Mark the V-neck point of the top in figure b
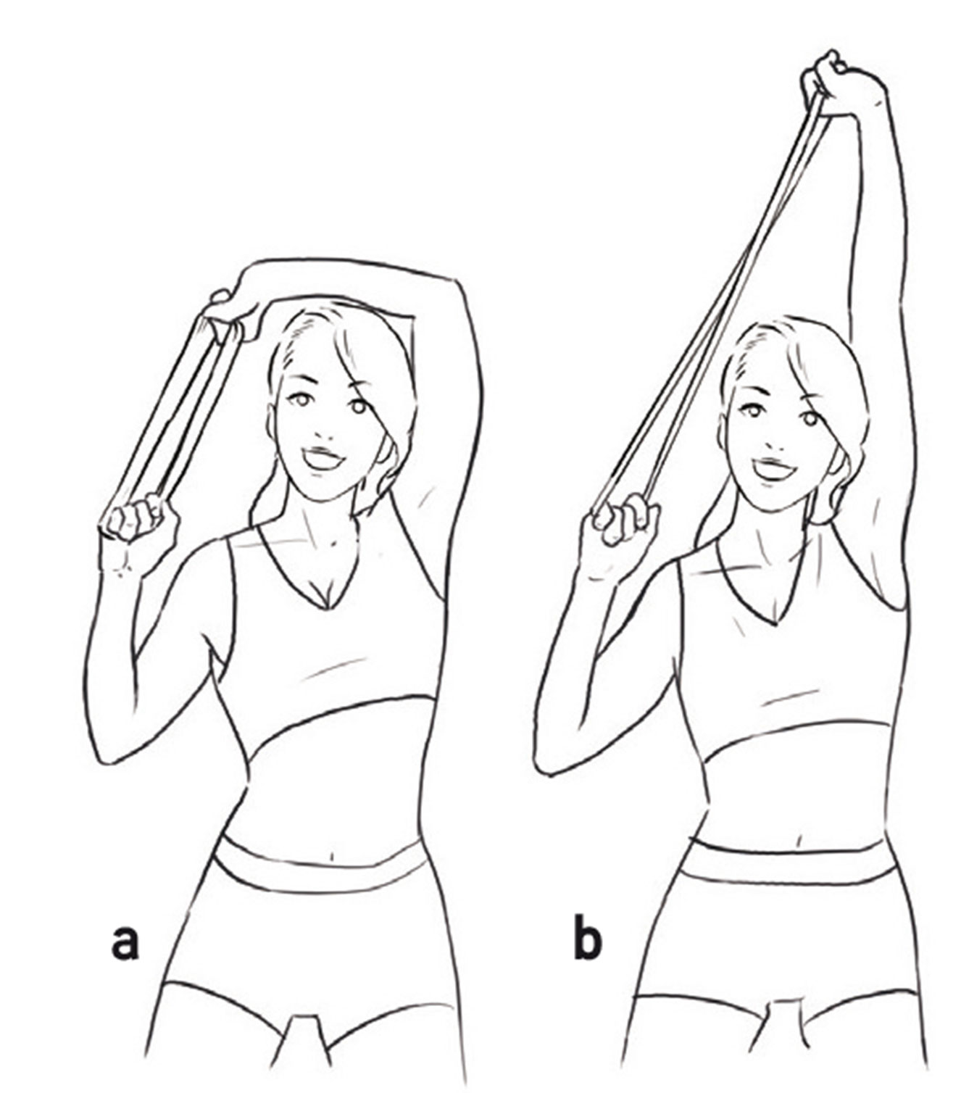coord(778,622)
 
